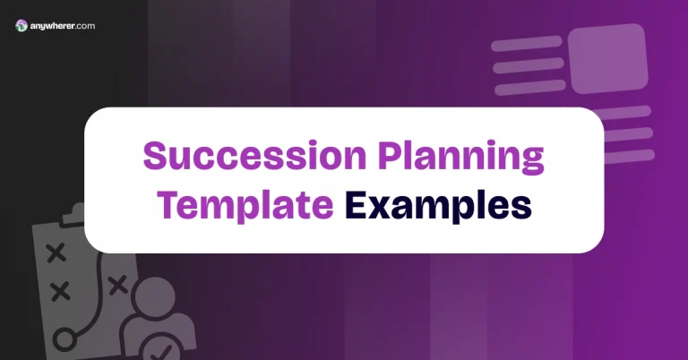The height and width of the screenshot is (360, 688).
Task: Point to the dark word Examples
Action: point(438,205)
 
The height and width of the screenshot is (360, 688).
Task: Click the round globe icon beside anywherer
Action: point(21,27)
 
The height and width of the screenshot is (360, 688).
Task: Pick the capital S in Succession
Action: point(155,158)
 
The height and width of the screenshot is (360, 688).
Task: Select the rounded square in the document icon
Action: point(608,59)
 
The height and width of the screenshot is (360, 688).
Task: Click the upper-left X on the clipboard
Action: point(56,253)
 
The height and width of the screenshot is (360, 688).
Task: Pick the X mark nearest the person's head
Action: point(116,285)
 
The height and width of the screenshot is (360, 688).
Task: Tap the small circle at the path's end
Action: point(64,339)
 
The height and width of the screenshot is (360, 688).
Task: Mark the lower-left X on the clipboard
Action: point(60,291)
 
